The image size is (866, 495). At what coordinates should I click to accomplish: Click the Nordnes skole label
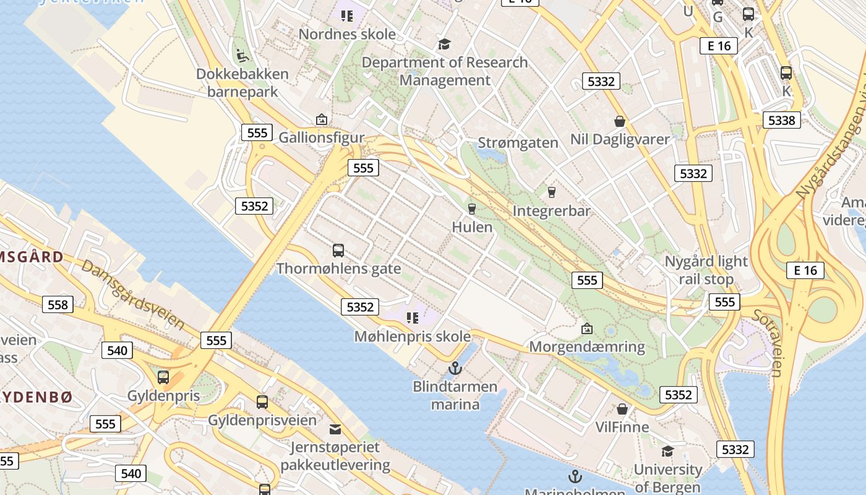click(347, 34)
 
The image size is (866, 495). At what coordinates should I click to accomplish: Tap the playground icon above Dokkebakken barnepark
click(242, 55)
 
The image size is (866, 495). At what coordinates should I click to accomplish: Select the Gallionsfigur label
click(322, 137)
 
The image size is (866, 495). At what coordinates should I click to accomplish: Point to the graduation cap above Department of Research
click(444, 44)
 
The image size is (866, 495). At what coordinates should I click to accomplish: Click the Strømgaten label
click(518, 143)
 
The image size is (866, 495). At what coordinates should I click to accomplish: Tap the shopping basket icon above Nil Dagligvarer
click(620, 121)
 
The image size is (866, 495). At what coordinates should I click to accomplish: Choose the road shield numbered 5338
click(781, 120)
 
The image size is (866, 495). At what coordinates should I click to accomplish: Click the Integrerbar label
click(551, 211)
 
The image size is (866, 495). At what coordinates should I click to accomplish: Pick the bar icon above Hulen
click(472, 209)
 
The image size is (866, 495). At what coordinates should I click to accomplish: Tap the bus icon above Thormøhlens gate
click(338, 251)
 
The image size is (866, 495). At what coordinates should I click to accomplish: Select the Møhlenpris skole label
click(412, 337)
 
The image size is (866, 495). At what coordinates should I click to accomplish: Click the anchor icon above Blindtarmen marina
click(455, 368)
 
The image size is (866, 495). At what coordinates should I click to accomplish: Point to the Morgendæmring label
click(587, 346)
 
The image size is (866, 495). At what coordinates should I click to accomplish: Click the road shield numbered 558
click(58, 304)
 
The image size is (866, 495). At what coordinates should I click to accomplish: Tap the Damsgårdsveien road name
click(133, 294)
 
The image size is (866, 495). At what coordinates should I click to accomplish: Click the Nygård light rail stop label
click(706, 270)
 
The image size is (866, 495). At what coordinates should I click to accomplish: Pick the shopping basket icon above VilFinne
click(622, 409)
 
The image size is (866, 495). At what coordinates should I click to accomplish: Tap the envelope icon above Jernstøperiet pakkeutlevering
click(335, 429)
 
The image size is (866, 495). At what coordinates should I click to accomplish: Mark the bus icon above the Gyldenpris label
click(163, 377)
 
